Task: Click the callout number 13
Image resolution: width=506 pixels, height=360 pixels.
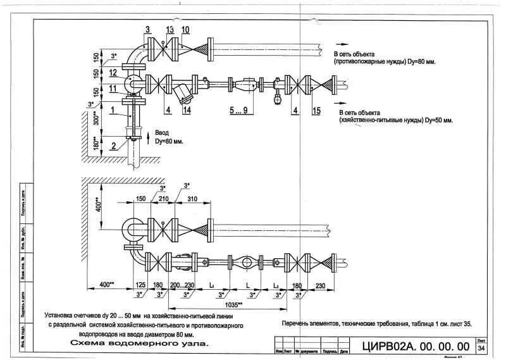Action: [169, 30]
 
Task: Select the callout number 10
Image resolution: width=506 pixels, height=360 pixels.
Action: [185, 30]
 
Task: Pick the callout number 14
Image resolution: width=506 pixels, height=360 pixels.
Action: [187, 110]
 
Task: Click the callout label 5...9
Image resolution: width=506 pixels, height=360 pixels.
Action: [239, 110]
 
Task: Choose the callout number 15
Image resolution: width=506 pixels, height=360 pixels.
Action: [316, 110]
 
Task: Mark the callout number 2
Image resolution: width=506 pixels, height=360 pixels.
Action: [112, 146]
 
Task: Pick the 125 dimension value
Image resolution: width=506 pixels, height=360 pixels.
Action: [140, 286]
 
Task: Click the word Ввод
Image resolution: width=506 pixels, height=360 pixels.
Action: [163, 133]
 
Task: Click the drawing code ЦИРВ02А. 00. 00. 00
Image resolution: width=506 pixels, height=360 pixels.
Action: [417, 346]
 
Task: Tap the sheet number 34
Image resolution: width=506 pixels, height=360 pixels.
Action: [481, 348]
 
